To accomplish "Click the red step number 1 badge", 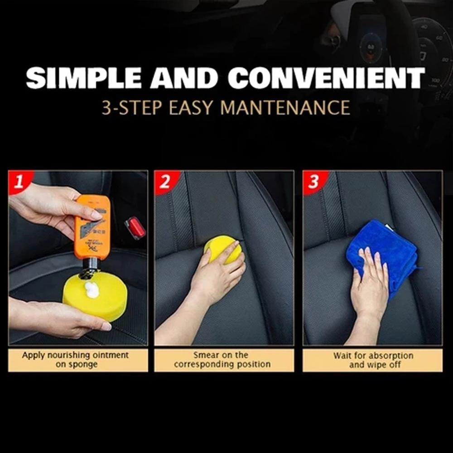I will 19,181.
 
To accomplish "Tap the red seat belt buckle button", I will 135,228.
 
